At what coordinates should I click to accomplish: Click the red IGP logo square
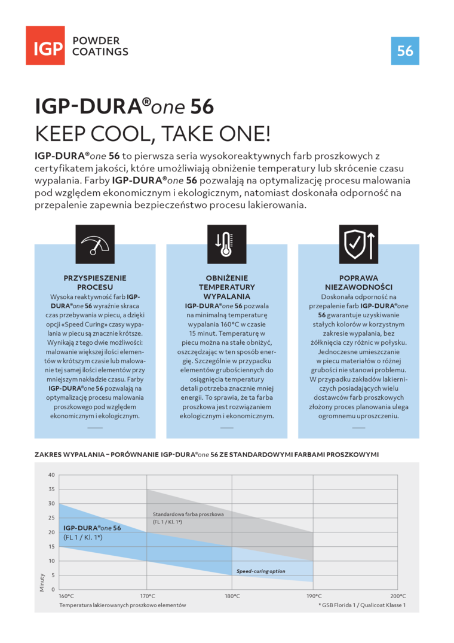[x=45, y=45]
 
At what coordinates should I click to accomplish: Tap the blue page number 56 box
[x=405, y=51]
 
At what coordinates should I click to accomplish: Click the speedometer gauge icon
[x=95, y=244]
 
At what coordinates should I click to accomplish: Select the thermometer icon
[x=226, y=244]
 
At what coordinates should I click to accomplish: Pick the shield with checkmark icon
[x=358, y=244]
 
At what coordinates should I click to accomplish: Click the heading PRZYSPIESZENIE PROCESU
[x=95, y=283]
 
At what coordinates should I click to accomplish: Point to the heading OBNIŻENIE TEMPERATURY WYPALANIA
[x=226, y=287]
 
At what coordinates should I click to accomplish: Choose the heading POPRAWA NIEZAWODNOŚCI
[x=358, y=283]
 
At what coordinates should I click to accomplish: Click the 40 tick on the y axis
[x=51, y=475]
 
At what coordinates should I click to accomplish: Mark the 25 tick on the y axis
[x=51, y=518]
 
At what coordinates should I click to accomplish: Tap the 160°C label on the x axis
[x=66, y=596]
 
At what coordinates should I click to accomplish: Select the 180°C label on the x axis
[x=232, y=596]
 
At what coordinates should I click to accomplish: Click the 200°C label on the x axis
[x=398, y=596]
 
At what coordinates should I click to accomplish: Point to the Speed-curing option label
[x=260, y=571]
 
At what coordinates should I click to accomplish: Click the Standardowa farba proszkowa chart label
[x=188, y=514]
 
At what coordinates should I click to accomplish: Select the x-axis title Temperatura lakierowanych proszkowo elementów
[x=122, y=605]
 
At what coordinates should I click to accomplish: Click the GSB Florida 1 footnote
[x=362, y=605]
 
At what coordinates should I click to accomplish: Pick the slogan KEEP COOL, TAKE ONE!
[x=152, y=133]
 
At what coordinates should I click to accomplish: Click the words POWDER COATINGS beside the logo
[x=100, y=46]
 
